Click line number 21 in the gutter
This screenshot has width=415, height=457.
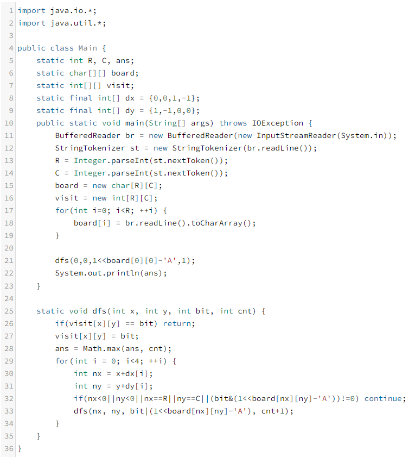point(8,261)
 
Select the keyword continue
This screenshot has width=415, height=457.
point(385,398)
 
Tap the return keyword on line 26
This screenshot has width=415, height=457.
point(176,323)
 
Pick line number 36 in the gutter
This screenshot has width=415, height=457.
point(8,448)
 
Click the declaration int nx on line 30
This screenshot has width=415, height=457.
point(87,373)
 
